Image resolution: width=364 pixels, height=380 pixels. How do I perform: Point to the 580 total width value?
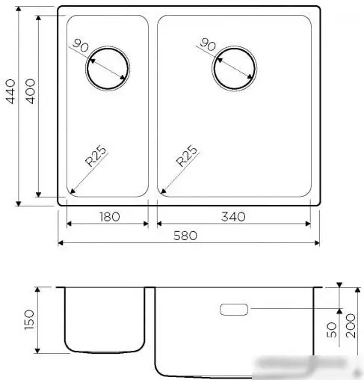(x=185, y=236)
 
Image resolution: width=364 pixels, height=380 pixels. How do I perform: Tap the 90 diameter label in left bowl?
(x=82, y=46)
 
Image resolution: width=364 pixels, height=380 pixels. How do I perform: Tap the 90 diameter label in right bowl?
(x=209, y=46)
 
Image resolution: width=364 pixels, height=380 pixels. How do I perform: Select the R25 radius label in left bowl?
(x=94, y=159)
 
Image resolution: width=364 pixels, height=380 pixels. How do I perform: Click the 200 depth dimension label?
(x=352, y=326)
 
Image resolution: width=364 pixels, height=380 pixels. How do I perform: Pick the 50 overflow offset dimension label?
(x=331, y=329)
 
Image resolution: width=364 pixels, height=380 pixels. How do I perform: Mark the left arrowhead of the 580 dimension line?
(x=61, y=243)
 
